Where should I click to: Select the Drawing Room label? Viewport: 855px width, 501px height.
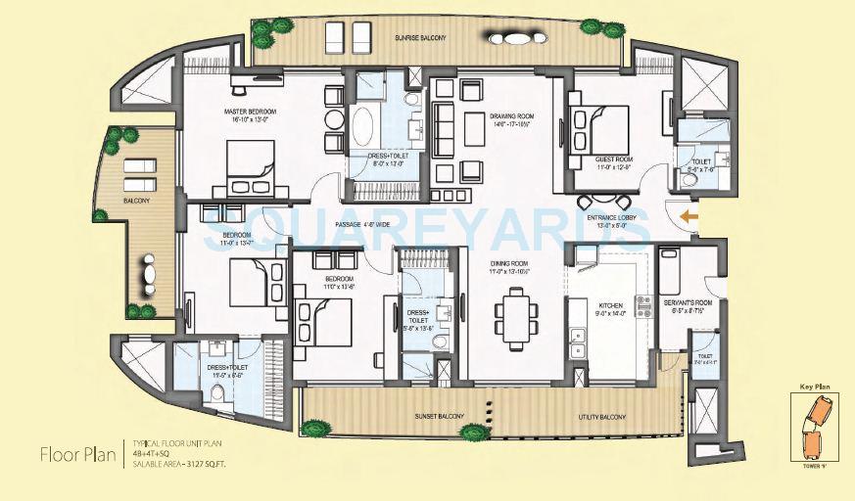point(511,115)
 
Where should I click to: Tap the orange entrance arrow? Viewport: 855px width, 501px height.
point(690,217)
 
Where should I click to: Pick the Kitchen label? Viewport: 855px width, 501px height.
point(611,306)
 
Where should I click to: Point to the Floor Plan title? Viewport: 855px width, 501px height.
point(74,454)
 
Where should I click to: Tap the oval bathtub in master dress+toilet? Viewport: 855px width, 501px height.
point(364,127)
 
